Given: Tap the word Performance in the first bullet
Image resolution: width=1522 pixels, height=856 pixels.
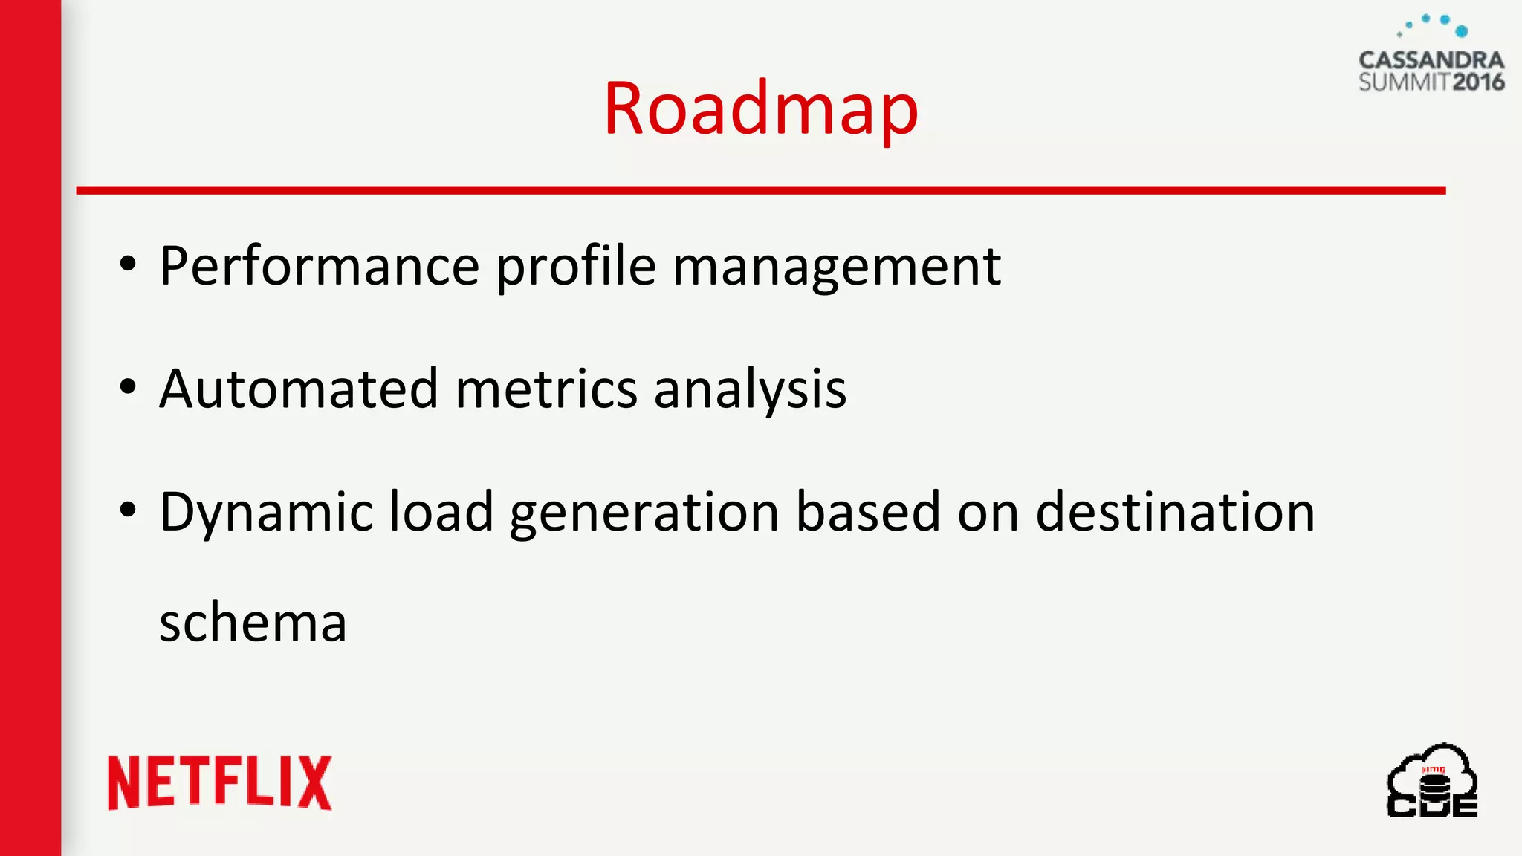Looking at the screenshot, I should click(320, 266).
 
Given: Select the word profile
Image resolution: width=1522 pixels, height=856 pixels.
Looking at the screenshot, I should click(576, 266).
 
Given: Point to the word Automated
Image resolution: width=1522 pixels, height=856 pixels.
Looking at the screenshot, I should click(299, 389).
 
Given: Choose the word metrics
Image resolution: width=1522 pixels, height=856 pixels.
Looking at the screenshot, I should click(546, 389).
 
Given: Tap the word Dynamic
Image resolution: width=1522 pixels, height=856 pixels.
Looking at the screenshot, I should click(266, 513).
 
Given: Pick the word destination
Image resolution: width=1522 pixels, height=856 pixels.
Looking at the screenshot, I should click(1175, 513).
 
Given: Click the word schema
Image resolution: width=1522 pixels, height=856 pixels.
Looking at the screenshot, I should click(253, 623).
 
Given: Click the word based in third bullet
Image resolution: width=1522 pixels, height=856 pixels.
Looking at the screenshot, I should click(868, 513).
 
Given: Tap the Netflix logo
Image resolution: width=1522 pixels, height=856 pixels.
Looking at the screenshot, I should click(220, 783).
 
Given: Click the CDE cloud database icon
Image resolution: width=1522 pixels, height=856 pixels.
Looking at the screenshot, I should click(1432, 782).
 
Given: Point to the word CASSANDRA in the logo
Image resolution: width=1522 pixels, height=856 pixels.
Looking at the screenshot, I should click(1431, 60).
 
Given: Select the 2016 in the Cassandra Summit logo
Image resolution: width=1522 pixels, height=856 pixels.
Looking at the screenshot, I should click(1478, 82).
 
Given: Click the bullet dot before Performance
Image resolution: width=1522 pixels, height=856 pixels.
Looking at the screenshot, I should click(128, 264).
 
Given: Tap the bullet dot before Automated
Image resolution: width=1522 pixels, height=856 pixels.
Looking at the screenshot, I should click(128, 387).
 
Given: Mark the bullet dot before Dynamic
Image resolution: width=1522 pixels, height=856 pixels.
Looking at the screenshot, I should click(128, 510).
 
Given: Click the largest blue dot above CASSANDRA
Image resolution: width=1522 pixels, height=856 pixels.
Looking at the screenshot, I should click(1461, 31).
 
